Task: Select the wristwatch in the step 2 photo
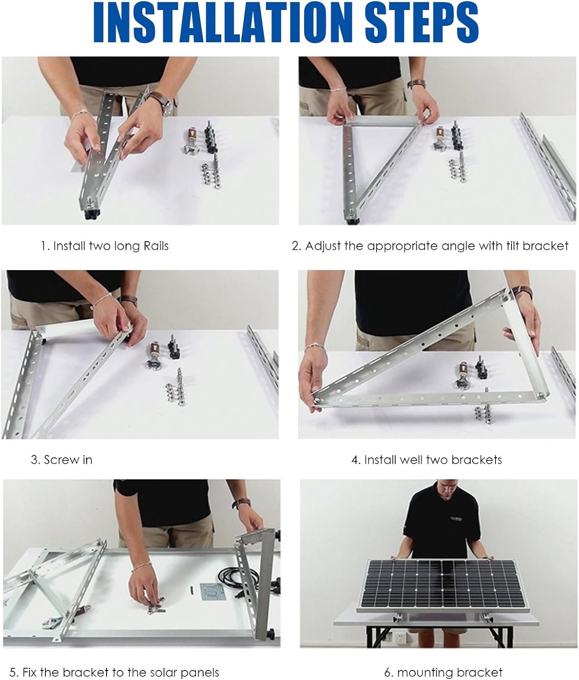point(417,84)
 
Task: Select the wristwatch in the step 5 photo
point(241,503)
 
